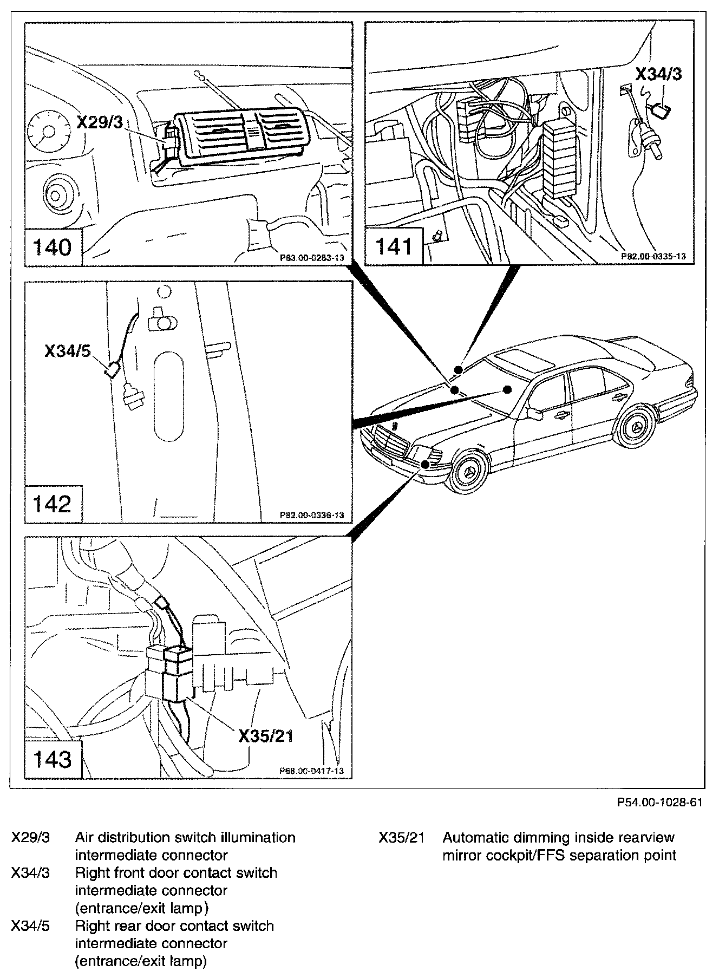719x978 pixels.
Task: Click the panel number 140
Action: (x=53, y=248)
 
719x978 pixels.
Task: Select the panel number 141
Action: (x=394, y=247)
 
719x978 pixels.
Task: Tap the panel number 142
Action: (x=53, y=504)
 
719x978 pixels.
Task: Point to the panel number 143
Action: (x=53, y=759)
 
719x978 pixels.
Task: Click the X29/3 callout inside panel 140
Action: (x=100, y=123)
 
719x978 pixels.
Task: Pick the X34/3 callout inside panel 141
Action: (x=658, y=74)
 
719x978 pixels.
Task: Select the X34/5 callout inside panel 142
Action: (x=68, y=351)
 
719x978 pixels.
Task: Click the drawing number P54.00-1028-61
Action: (x=659, y=802)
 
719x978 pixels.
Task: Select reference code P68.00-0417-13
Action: (x=311, y=771)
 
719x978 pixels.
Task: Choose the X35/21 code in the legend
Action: (x=401, y=837)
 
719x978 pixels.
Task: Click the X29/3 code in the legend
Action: (x=30, y=837)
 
